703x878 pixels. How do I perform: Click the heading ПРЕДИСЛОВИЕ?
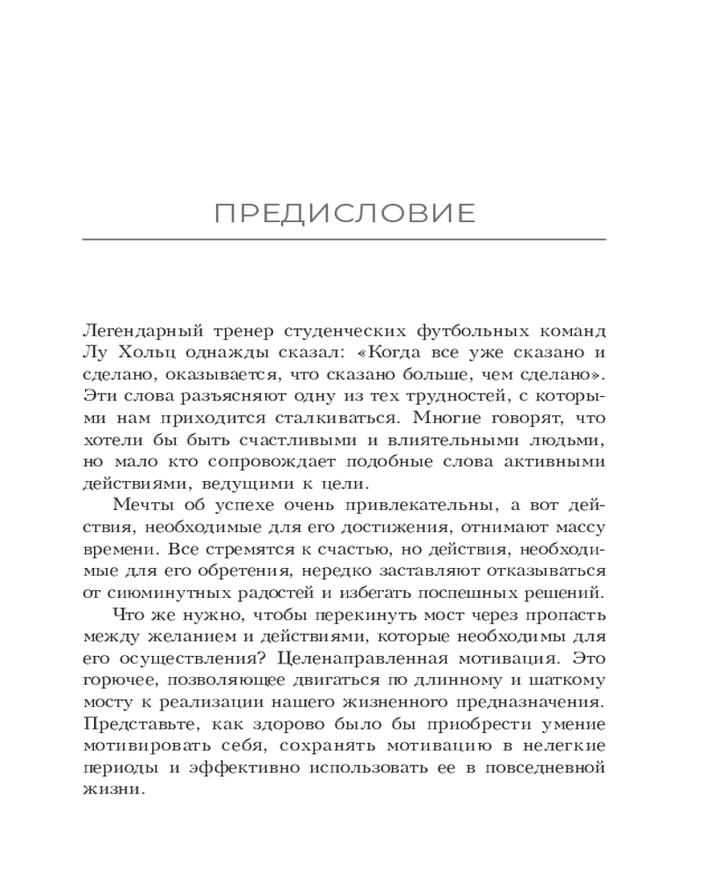tap(344, 213)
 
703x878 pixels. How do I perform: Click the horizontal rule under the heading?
tap(344, 240)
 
